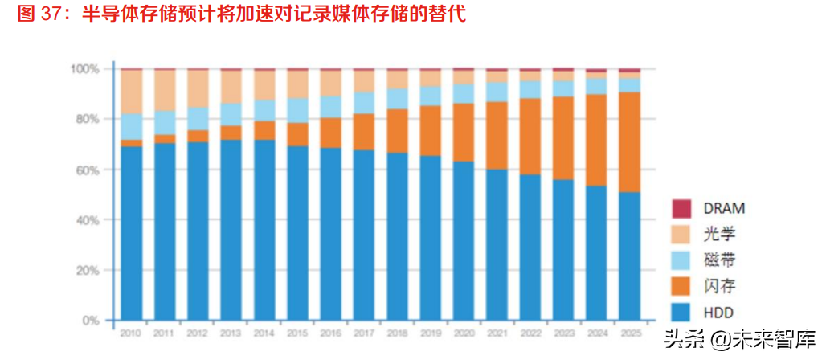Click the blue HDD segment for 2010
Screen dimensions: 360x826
click(x=132, y=233)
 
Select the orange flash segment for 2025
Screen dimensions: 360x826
click(x=630, y=141)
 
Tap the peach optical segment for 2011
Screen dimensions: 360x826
click(x=165, y=90)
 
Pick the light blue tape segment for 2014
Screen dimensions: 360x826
click(x=264, y=110)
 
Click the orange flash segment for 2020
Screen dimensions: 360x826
click(x=464, y=132)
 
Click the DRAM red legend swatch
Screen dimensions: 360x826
click(x=682, y=208)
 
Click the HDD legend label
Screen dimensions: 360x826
click(x=718, y=313)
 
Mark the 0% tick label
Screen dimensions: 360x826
click(x=91, y=321)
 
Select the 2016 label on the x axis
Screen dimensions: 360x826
click(x=330, y=332)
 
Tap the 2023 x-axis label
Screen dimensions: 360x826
click(x=563, y=332)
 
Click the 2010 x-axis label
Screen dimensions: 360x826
click(x=132, y=332)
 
